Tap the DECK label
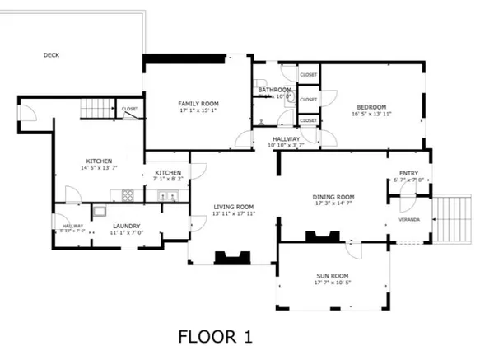click(51, 55)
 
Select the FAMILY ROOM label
click(198, 103)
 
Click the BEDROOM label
click(372, 106)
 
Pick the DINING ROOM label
click(333, 197)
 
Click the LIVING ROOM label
click(234, 207)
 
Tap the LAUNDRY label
click(127, 226)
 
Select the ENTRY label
click(409, 173)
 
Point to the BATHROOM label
click(274, 89)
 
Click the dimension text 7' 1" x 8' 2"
click(168, 179)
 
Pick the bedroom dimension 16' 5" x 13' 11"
click(372, 114)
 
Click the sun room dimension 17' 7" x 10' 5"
click(332, 283)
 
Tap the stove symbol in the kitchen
click(128, 195)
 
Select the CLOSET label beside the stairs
click(130, 109)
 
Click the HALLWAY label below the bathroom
click(286, 138)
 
